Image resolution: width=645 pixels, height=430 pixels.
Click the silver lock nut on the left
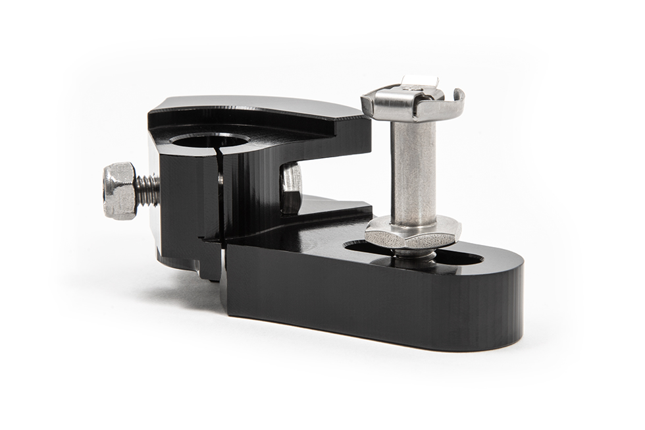tap(120, 192)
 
